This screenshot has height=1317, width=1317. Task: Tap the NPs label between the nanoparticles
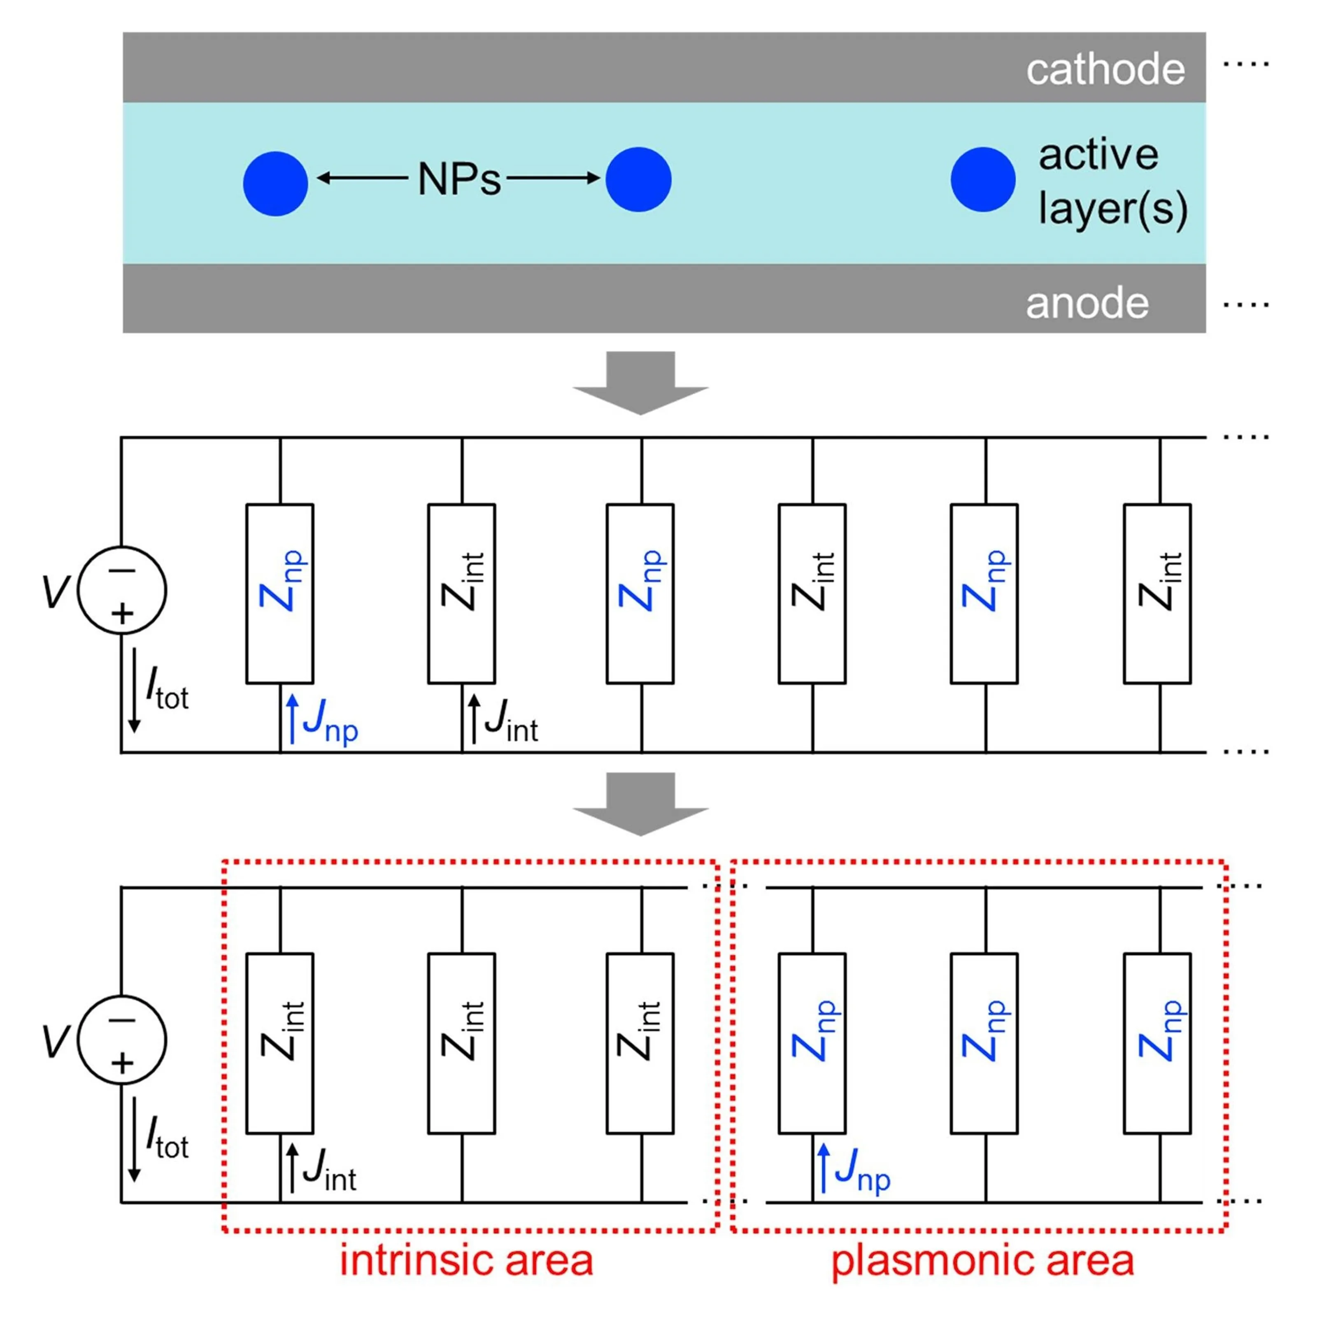tap(459, 179)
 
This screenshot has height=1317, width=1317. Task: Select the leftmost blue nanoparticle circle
tap(275, 184)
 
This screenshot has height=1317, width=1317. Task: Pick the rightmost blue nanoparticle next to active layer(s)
tap(982, 179)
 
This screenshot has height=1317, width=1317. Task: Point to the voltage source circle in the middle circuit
tap(122, 590)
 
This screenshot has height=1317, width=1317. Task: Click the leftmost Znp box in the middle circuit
tap(279, 594)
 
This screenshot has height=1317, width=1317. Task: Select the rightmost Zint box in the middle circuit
tap(1157, 594)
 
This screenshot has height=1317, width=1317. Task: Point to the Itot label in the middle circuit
tap(167, 689)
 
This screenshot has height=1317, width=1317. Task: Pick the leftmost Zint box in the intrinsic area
tap(279, 1044)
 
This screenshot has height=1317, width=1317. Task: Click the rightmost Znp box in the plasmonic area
tap(1157, 1044)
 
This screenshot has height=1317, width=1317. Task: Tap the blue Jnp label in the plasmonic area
tap(862, 1170)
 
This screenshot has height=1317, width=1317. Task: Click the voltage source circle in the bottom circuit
tap(122, 1040)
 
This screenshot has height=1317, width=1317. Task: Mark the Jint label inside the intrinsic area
tap(329, 1170)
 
